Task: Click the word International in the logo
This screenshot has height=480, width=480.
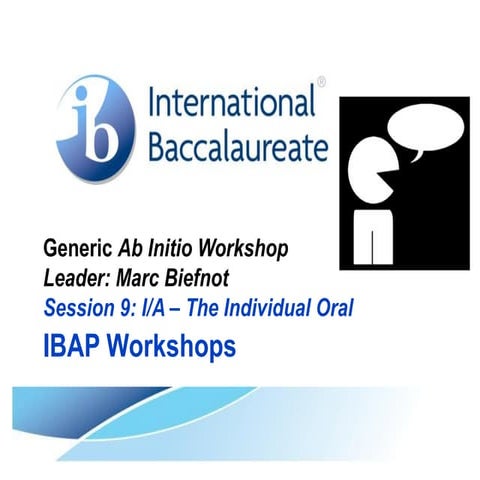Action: coord(231,104)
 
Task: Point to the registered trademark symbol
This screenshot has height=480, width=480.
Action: coord(320,81)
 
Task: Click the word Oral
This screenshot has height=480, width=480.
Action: coord(335,308)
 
